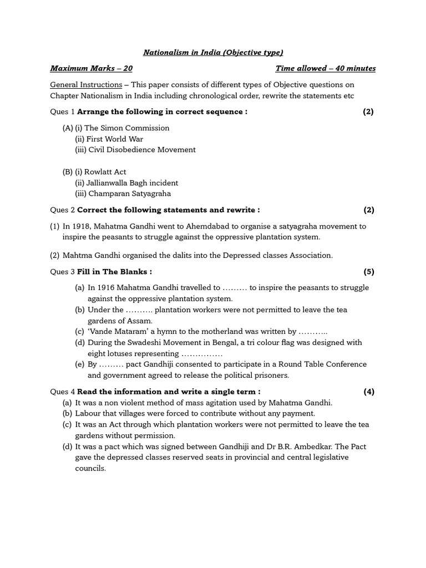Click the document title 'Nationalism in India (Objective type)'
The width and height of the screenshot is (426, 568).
213,52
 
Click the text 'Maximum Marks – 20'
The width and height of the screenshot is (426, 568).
91,68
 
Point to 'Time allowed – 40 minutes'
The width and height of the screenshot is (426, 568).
325,68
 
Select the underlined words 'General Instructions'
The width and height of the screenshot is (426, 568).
86,85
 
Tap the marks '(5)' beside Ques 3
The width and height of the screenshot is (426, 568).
369,271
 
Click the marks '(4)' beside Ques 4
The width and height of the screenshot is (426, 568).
369,392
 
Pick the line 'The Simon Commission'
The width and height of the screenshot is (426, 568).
126,128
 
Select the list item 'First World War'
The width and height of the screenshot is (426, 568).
113,139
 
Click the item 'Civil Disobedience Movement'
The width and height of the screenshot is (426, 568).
141,150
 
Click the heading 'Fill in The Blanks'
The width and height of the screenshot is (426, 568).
113,271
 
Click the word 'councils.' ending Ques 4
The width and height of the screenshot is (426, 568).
90,468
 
